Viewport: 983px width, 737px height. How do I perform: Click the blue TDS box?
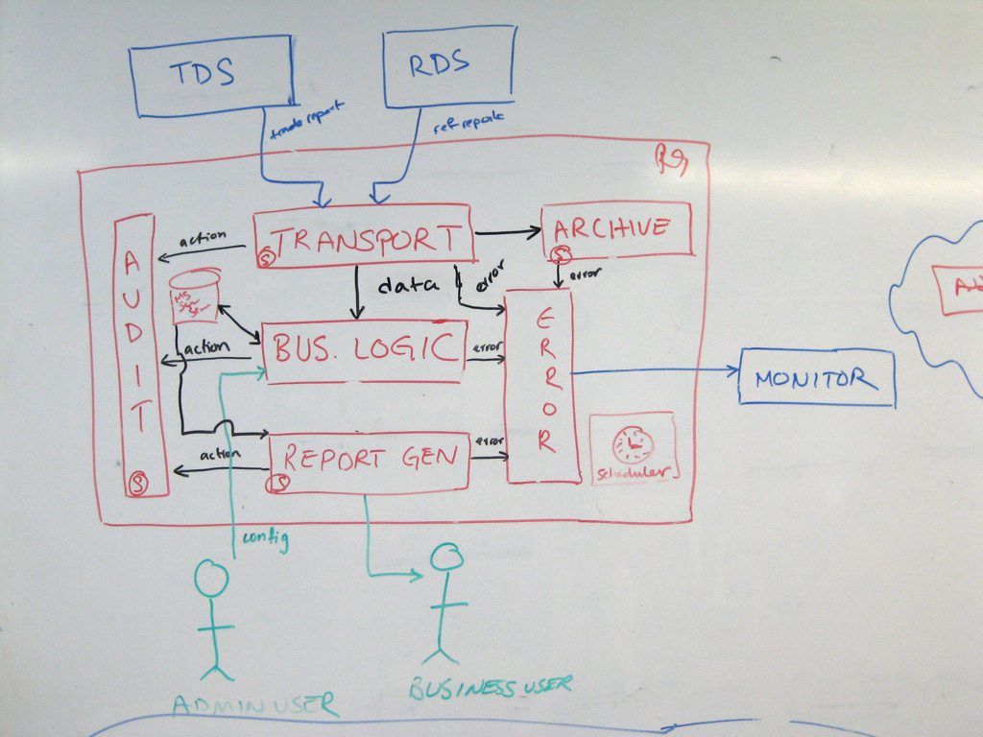(212, 75)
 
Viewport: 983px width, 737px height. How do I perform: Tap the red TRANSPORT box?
(365, 235)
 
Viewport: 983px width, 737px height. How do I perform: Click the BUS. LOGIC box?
(365, 349)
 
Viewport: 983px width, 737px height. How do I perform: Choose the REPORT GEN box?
(370, 461)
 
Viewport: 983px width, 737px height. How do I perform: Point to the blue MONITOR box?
(816, 378)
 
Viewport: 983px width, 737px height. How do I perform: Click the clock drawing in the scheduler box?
(633, 444)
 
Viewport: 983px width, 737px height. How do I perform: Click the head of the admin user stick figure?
(212, 580)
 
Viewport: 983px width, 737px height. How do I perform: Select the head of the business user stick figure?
(446, 558)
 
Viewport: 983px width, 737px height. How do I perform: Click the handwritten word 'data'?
(407, 285)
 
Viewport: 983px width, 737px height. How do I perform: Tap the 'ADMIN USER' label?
(255, 705)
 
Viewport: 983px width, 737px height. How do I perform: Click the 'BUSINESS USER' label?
(491, 686)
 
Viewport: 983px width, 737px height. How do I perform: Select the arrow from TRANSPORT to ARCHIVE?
(508, 232)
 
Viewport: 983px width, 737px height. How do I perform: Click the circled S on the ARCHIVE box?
(560, 254)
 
